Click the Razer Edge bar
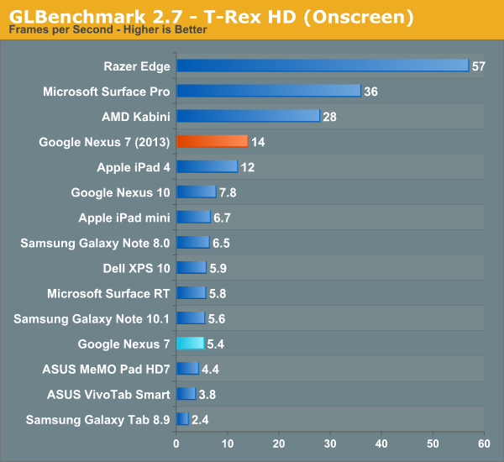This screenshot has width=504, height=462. (x=323, y=66)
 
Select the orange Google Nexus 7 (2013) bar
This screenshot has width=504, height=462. (x=212, y=141)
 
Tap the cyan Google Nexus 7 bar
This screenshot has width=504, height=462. (x=190, y=343)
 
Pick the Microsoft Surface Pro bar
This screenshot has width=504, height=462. (x=269, y=91)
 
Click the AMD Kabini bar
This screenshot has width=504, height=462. (x=248, y=116)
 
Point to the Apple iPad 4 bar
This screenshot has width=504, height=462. (x=207, y=166)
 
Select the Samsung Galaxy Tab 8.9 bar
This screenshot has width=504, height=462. (x=182, y=418)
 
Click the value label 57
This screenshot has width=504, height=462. (x=479, y=66)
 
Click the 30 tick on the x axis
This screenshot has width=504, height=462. (x=330, y=444)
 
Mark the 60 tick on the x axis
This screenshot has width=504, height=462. (x=484, y=444)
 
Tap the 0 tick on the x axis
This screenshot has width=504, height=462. (x=176, y=444)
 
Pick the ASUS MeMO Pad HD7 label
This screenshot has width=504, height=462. (x=106, y=369)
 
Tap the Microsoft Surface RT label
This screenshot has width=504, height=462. (x=108, y=293)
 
